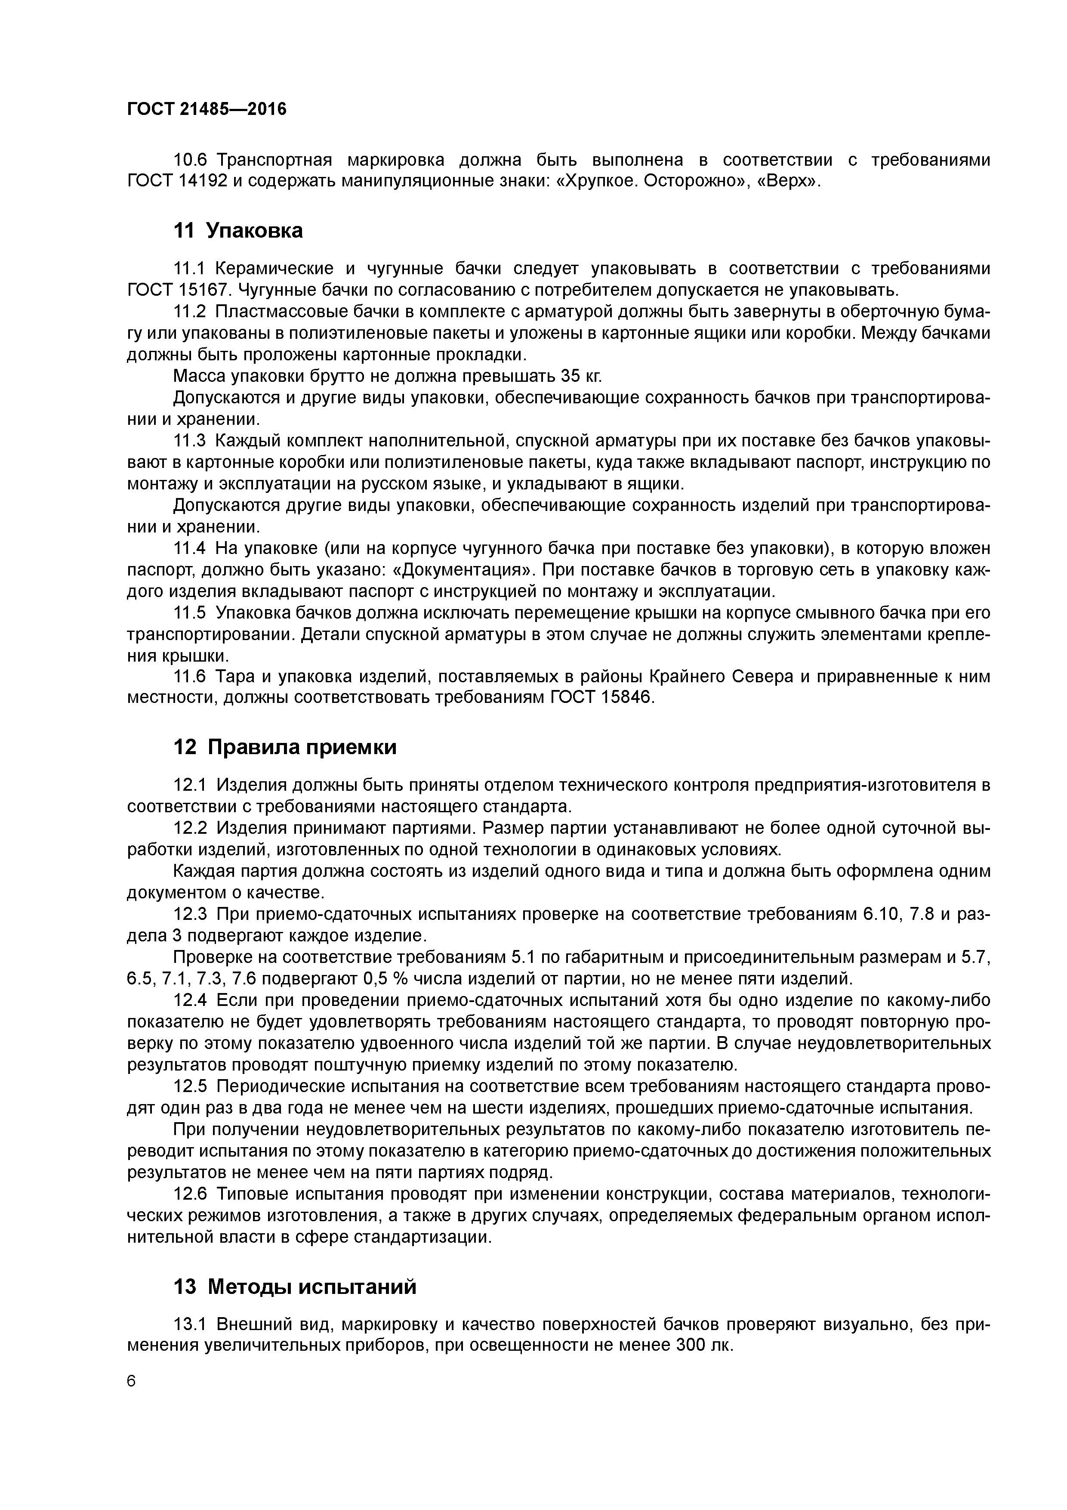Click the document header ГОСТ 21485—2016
click(x=207, y=109)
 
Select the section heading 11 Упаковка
click(x=238, y=231)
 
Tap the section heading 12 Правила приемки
click(x=285, y=748)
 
